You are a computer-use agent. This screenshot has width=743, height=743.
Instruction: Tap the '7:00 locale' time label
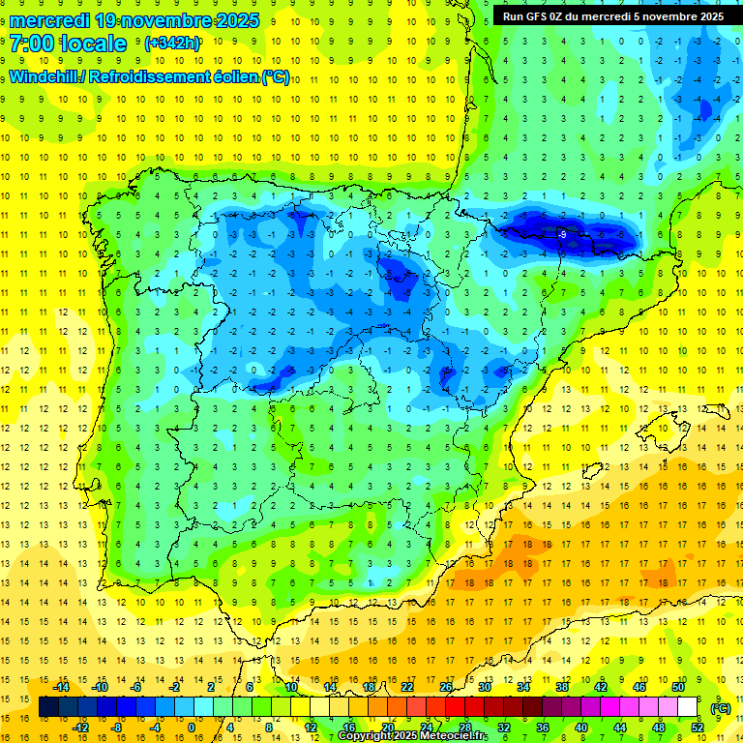point(68,44)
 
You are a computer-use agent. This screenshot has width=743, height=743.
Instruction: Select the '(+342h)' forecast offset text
point(171,44)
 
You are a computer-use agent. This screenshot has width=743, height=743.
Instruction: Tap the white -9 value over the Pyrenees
point(562,234)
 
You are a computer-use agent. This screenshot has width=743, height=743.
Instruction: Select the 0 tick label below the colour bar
point(192,728)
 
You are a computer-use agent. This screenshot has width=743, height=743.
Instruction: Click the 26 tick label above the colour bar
point(446,687)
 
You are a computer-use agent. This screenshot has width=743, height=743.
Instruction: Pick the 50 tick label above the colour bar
point(678,687)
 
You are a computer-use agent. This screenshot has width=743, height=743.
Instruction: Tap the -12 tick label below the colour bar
point(80,728)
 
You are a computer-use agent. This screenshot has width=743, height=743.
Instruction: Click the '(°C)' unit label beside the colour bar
point(721,707)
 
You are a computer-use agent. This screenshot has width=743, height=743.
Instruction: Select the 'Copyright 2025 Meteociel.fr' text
point(412,736)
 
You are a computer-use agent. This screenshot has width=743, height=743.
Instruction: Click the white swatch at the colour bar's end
point(697,707)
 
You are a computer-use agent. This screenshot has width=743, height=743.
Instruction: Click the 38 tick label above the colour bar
point(562,687)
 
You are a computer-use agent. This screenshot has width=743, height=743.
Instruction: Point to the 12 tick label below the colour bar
point(311,728)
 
